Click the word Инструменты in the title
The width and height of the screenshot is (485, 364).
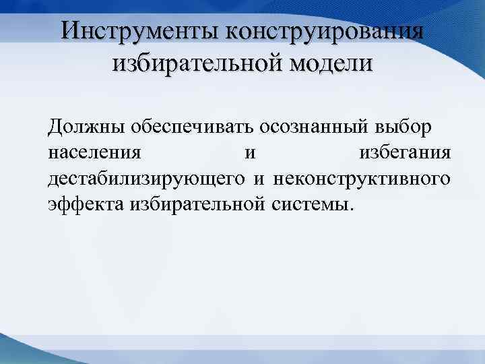(141, 32)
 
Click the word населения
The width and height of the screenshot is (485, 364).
(95, 153)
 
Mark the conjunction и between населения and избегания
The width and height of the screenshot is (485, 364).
(250, 153)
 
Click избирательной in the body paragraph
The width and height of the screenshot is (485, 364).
(197, 204)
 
